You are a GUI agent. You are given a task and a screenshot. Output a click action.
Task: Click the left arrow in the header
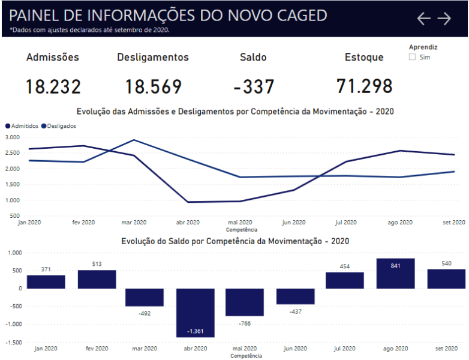point(423,19)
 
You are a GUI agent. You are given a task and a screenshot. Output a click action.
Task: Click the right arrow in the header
point(444,19)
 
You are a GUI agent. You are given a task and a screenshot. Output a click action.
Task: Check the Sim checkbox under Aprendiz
point(412,57)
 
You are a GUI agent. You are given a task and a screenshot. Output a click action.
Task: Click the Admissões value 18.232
point(53,86)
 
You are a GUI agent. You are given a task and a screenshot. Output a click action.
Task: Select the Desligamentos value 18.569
point(153,86)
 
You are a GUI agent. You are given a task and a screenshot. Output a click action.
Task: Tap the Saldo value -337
point(253,86)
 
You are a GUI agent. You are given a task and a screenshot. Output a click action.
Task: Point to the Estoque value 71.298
point(364,86)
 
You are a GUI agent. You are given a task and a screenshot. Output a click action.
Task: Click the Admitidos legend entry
point(22,126)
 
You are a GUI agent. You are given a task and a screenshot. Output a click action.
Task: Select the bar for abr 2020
point(195,312)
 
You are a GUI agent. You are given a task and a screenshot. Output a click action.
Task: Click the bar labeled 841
point(395,274)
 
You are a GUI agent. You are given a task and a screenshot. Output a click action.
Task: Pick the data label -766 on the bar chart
point(245,323)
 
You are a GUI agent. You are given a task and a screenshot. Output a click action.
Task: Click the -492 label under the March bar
point(145,313)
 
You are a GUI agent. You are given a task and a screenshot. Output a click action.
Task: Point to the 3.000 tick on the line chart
point(12,137)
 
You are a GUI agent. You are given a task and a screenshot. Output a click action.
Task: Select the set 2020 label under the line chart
point(453,222)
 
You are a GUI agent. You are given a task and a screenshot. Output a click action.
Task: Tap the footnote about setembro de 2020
point(90,29)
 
